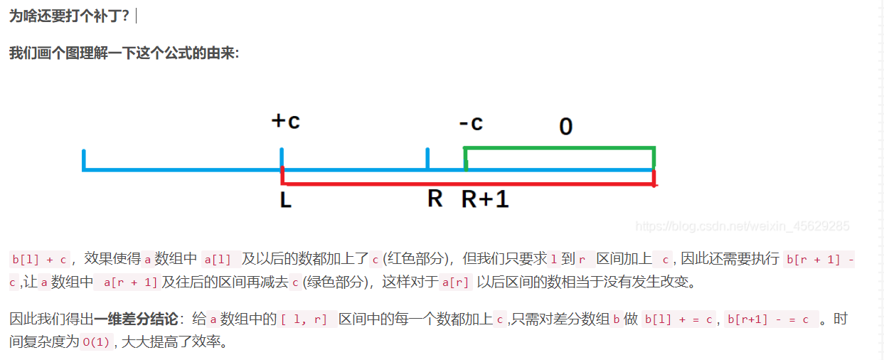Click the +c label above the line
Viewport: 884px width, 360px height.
pos(286,122)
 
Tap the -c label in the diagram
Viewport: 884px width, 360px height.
pos(471,123)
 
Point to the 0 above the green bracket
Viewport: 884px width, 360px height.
pos(565,127)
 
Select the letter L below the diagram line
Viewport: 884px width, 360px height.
pos(286,201)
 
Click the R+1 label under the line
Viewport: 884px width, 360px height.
pos(486,200)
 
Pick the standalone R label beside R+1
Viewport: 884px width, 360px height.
pos(435,198)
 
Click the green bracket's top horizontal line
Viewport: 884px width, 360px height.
pos(559,148)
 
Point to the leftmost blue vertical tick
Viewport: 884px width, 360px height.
pos(84,160)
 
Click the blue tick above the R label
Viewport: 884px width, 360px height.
pos(427,159)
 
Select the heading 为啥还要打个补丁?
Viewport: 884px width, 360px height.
pos(69,15)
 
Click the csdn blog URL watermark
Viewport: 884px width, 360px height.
pos(742,226)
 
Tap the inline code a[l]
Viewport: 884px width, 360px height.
pos(218,259)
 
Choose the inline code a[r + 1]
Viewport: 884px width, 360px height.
pos(130,282)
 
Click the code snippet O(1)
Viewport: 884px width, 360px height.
pos(96,343)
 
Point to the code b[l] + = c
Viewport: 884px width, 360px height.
pos(679,319)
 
